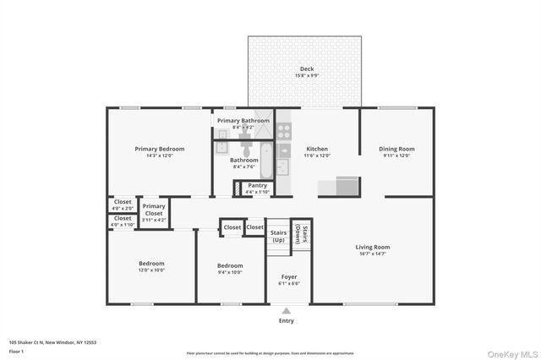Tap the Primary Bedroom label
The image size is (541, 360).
coord(160,149)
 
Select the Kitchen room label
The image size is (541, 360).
coord(317,149)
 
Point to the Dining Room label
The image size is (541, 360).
coord(396,149)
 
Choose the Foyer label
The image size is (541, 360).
coord(287,276)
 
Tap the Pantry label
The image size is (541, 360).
coord(257,185)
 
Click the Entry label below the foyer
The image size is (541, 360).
coord(287,320)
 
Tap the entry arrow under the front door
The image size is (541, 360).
coord(287,309)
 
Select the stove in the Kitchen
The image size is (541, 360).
coord(285,131)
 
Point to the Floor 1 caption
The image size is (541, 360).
coord(16,351)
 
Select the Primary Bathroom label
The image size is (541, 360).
coord(243,121)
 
